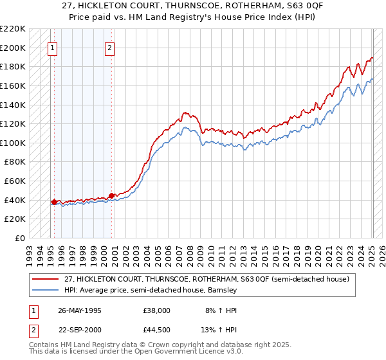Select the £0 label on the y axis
(x=19, y=238)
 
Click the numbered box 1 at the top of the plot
(x=52, y=47)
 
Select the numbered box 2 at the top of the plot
(x=110, y=47)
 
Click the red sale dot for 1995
(x=53, y=202)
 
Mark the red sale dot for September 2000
(x=111, y=195)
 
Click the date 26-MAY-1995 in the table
(x=81, y=310)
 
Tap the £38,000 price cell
(x=157, y=310)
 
